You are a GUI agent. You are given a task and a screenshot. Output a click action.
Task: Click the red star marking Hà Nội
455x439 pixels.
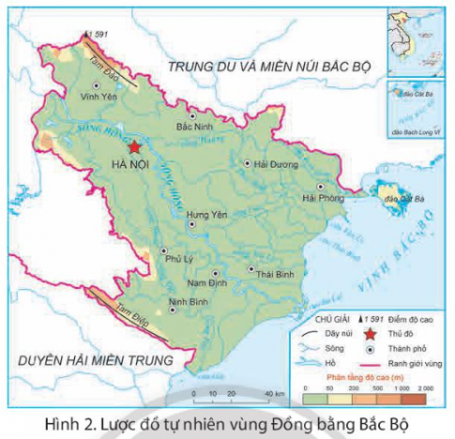click(x=134, y=147)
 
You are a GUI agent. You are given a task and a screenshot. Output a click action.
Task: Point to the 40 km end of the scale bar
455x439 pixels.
click(x=267, y=394)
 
